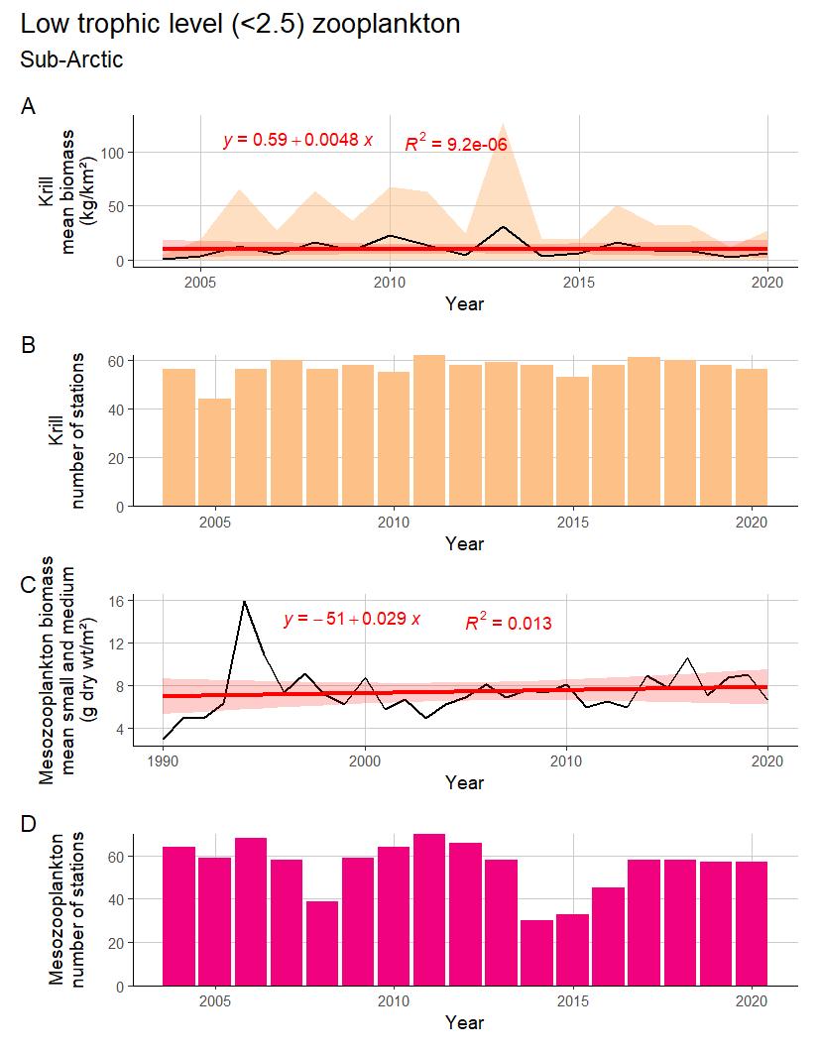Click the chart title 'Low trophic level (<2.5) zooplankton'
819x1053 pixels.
(x=240, y=24)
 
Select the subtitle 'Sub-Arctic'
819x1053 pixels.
(x=71, y=59)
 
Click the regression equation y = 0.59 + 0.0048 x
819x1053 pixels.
(x=297, y=140)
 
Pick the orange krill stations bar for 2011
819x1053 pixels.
(x=429, y=430)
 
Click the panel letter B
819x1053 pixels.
(x=28, y=345)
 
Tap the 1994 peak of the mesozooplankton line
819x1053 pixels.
(x=244, y=602)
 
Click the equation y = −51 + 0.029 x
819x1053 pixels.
(x=352, y=620)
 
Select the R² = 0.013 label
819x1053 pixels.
(x=509, y=623)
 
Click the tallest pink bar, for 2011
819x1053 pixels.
(x=429, y=909)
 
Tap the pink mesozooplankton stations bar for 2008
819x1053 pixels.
(x=322, y=943)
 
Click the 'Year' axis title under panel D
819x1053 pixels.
(x=464, y=1022)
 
